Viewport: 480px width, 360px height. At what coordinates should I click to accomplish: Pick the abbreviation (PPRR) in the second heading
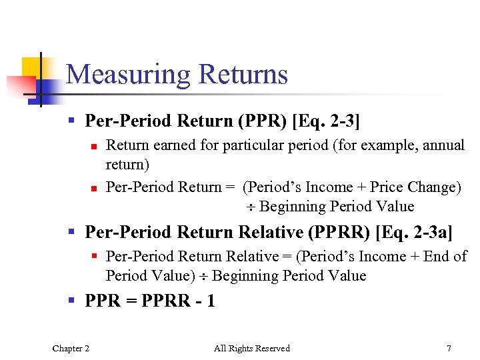338,232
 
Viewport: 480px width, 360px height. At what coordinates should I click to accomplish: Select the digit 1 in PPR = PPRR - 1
211,301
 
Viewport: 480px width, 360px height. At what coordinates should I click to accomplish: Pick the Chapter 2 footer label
71,348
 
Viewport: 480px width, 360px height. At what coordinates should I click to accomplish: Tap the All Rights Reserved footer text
252,348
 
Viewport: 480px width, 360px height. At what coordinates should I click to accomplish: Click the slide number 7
449,348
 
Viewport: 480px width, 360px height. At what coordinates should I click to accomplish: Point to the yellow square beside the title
32,67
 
